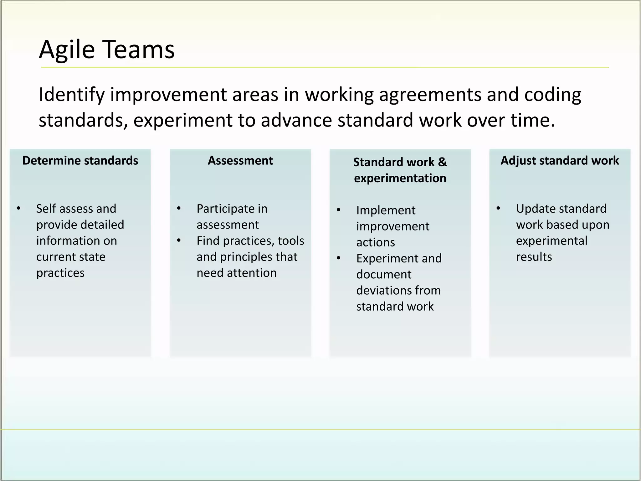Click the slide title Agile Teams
pyautogui.click(x=107, y=49)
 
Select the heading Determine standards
pyautogui.click(x=80, y=161)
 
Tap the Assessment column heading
pyautogui.click(x=240, y=161)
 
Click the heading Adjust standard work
pyautogui.click(x=560, y=161)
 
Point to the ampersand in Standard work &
pyautogui.click(x=443, y=162)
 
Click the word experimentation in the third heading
pyautogui.click(x=400, y=178)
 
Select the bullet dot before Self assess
pyautogui.click(x=19, y=209)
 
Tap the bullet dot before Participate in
pyautogui.click(x=179, y=209)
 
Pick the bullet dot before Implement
pyautogui.click(x=338, y=210)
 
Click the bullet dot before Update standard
pyautogui.click(x=498, y=209)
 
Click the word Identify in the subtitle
pyautogui.click(x=71, y=95)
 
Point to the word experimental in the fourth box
pyautogui.click(x=551, y=241)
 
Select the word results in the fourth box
pyautogui.click(x=534, y=257)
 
